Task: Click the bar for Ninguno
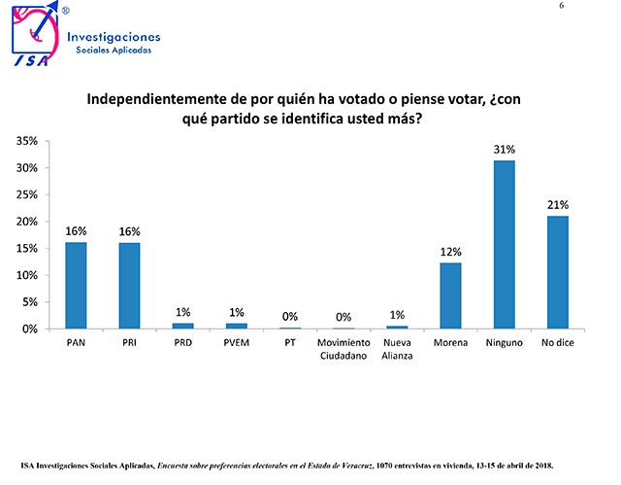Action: [505, 245]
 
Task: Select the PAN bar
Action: [76, 285]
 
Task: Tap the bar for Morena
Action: [451, 295]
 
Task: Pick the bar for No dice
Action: [558, 272]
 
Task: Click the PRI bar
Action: [129, 285]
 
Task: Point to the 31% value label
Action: [505, 150]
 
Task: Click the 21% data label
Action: [558, 204]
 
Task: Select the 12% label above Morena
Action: [451, 253]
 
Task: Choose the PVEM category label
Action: [236, 343]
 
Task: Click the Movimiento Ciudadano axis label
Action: [343, 349]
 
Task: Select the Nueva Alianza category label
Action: [397, 349]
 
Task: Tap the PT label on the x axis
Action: [290, 343]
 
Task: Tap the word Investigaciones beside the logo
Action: [114, 37]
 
